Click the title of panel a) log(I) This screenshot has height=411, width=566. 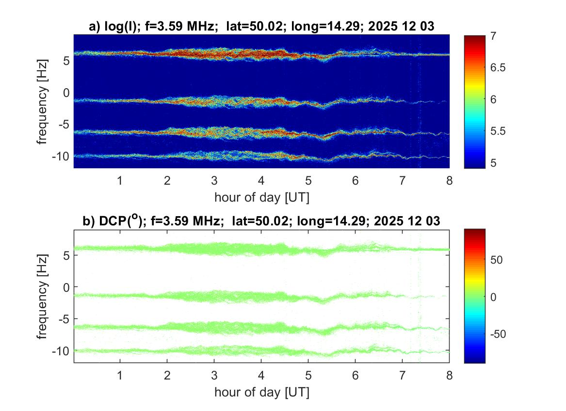click(261, 27)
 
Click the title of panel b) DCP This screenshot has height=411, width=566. click(261, 221)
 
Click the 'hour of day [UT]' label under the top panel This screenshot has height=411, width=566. click(261, 197)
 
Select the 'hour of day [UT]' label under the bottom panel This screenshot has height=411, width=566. click(261, 391)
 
